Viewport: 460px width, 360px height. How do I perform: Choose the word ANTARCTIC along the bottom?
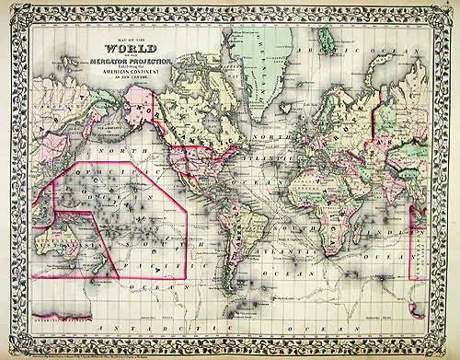pyautogui.click(x=147, y=324)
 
